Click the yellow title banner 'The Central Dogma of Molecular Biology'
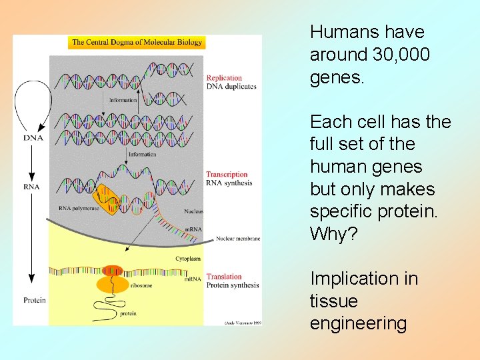click(x=137, y=42)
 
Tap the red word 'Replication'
click(x=224, y=78)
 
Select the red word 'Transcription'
click(x=227, y=175)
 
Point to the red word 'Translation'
click(x=224, y=277)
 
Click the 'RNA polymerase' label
click(x=79, y=208)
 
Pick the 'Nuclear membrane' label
click(x=238, y=239)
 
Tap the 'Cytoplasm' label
click(x=188, y=257)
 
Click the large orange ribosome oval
click(x=113, y=285)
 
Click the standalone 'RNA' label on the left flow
click(x=31, y=187)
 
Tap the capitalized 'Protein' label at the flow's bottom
click(x=35, y=300)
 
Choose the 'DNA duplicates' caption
click(x=231, y=87)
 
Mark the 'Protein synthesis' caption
click(x=233, y=285)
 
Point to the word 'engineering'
click(x=358, y=324)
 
